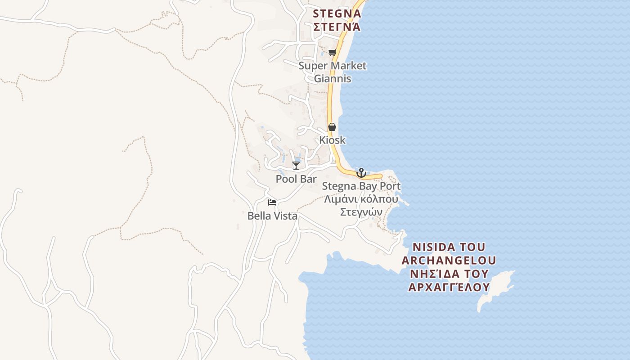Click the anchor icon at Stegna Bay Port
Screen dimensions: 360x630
point(361,173)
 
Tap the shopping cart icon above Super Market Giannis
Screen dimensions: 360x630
point(333,53)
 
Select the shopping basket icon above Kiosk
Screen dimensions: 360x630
point(332,127)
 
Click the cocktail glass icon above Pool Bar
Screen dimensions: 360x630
point(296,166)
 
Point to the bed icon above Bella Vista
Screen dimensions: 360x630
point(272,202)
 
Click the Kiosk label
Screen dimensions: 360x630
point(333,140)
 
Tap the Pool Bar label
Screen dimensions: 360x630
point(296,179)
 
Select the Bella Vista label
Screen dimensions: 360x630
point(272,216)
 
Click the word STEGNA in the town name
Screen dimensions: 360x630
point(337,13)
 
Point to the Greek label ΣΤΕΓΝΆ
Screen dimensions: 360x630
point(337,27)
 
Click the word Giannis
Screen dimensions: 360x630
point(333,79)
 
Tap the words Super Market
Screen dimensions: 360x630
point(333,66)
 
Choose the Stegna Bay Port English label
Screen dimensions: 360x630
point(361,186)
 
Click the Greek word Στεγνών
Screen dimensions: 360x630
point(361,212)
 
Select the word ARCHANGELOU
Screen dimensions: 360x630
point(449,261)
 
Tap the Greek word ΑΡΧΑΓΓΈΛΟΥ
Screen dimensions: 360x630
point(449,287)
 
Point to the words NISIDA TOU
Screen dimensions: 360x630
point(449,247)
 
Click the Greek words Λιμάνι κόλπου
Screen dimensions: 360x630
point(361,199)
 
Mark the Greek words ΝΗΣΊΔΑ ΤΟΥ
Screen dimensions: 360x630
point(449,274)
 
